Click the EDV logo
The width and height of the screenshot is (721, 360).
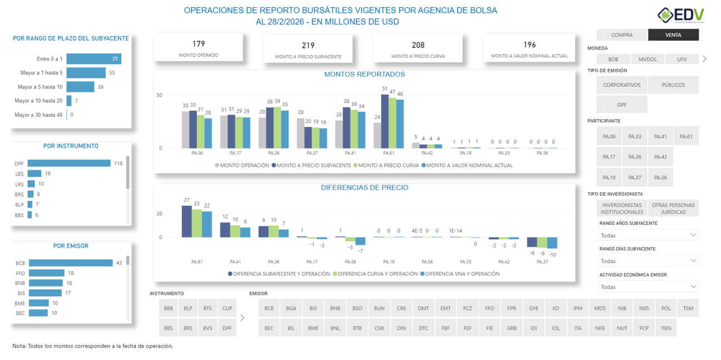[x=682, y=15]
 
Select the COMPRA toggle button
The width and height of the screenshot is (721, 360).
[x=621, y=35]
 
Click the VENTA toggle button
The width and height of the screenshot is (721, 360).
[x=673, y=35]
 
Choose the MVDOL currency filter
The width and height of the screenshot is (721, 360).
[x=647, y=59]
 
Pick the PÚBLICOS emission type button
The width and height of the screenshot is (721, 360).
[x=673, y=85]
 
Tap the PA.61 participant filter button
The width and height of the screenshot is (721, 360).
[x=686, y=136]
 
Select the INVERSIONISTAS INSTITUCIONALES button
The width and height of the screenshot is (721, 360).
[x=621, y=209]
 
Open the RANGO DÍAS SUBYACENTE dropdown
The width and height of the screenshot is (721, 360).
[x=648, y=261]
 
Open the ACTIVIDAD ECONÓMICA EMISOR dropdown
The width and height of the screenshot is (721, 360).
[x=648, y=287]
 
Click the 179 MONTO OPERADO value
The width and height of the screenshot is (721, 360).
[x=199, y=45]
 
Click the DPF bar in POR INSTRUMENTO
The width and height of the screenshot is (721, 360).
[x=69, y=164]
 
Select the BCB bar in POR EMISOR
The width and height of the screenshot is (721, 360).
[x=71, y=263]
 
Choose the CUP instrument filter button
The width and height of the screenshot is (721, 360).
[x=227, y=308]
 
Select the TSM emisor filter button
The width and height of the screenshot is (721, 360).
[x=688, y=308]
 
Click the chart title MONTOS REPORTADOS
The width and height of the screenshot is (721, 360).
[x=364, y=75]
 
